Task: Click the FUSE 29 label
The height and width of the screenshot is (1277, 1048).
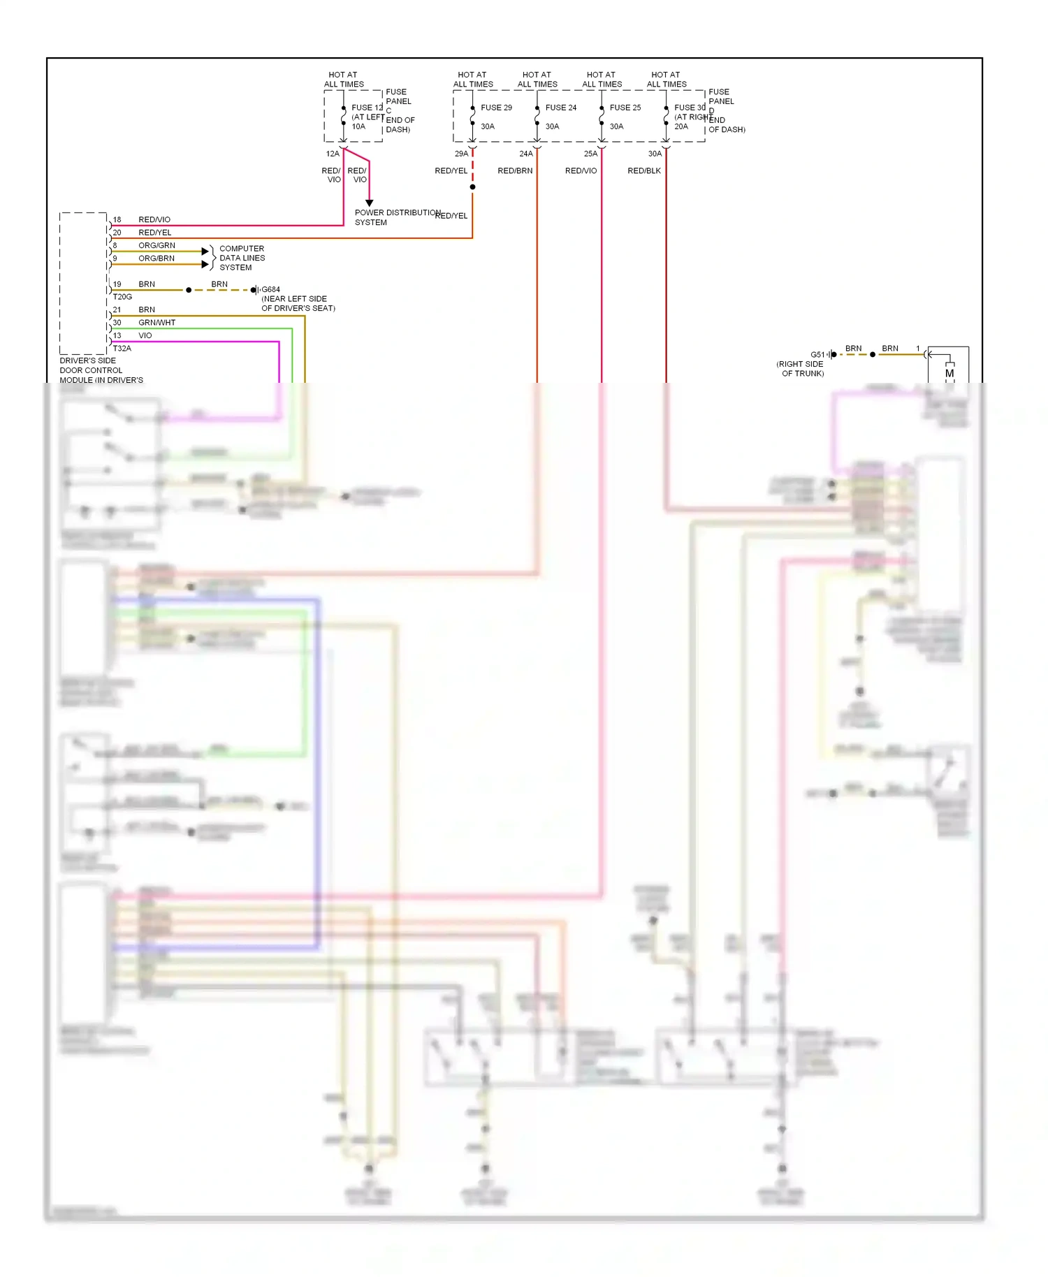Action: point(496,108)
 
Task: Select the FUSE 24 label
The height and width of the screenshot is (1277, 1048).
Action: point(560,108)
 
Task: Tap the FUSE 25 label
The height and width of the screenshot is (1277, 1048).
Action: point(625,108)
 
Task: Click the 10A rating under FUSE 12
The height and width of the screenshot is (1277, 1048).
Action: point(358,126)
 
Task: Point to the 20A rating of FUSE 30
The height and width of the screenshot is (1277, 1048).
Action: point(681,126)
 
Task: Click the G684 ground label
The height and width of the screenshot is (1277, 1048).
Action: point(270,289)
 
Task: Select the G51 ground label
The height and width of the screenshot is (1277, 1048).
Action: point(817,354)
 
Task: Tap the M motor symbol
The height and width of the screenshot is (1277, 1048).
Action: point(949,373)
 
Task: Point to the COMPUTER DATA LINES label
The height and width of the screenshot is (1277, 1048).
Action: point(242,258)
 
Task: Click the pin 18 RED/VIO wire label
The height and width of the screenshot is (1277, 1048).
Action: point(154,219)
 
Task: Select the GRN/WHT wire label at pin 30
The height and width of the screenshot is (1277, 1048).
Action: point(157,322)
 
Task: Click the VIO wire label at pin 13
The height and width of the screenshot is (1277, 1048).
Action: point(145,335)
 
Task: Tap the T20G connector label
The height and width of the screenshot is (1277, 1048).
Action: point(122,297)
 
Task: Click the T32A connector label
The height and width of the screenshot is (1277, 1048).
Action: point(122,348)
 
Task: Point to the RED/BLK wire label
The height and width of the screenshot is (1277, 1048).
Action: point(643,170)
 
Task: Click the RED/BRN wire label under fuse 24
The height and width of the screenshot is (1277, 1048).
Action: point(515,170)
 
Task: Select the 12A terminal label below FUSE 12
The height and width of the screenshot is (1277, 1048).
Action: point(332,154)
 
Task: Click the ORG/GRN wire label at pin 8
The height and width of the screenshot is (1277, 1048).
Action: point(157,245)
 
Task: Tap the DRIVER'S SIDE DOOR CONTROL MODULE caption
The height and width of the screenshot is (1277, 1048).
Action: point(101,370)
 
